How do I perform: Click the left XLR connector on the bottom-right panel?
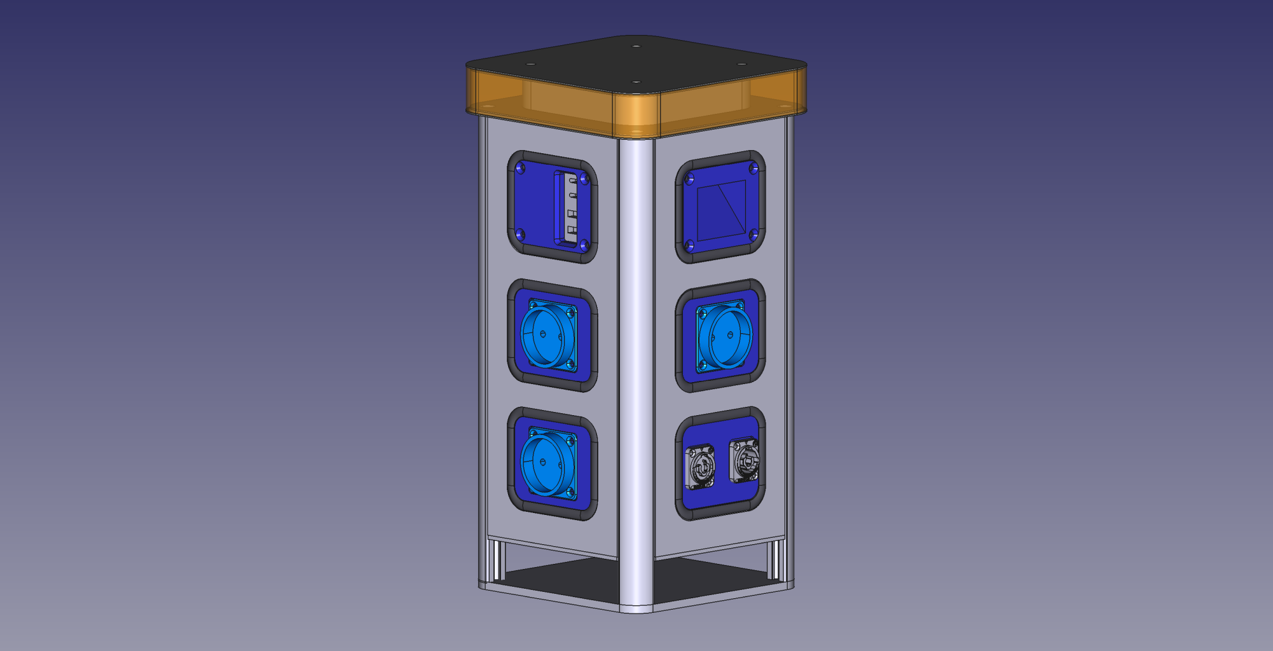(x=699, y=467)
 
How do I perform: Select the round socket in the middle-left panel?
(x=547, y=334)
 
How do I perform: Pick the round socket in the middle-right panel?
(x=726, y=335)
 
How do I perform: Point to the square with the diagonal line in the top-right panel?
(x=722, y=210)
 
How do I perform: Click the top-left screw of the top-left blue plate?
(x=521, y=168)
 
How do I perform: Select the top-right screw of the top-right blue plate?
(x=753, y=168)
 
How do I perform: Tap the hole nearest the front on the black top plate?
(x=636, y=82)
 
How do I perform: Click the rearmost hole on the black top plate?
(x=636, y=46)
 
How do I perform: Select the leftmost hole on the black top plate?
(x=530, y=64)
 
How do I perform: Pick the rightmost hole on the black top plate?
(x=741, y=64)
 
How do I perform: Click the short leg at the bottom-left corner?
(x=493, y=559)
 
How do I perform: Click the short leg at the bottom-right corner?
(x=776, y=559)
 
